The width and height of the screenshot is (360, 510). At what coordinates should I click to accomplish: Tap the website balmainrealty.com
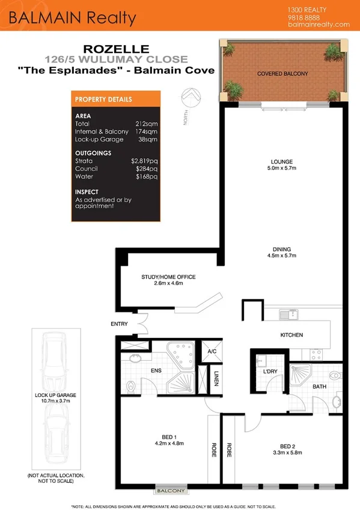pyautogui.click(x=319, y=25)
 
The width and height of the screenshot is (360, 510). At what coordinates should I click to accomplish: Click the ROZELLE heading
pyautogui.click(x=117, y=50)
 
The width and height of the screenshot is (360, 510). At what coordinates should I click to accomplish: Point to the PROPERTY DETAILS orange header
pyautogui.click(x=103, y=99)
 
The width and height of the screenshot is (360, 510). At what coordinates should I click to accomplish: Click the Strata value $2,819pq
pyautogui.click(x=144, y=162)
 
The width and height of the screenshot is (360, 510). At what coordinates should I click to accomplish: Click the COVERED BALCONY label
pyautogui.click(x=282, y=73)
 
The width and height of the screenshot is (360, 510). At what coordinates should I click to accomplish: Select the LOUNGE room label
pyautogui.click(x=281, y=162)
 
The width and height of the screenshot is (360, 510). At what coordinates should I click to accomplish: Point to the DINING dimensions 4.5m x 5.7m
pyautogui.click(x=281, y=256)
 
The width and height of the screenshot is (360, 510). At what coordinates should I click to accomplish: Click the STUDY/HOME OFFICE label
pyautogui.click(x=168, y=277)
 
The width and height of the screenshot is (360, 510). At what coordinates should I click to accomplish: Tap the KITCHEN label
pyautogui.click(x=291, y=335)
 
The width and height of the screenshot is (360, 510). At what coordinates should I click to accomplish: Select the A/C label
pyautogui.click(x=212, y=351)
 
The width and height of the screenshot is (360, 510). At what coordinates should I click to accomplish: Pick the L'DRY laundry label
pyautogui.click(x=270, y=371)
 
